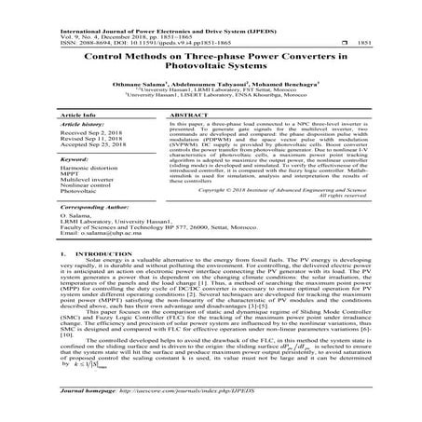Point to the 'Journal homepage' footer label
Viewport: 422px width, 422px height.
click(x=84, y=408)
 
